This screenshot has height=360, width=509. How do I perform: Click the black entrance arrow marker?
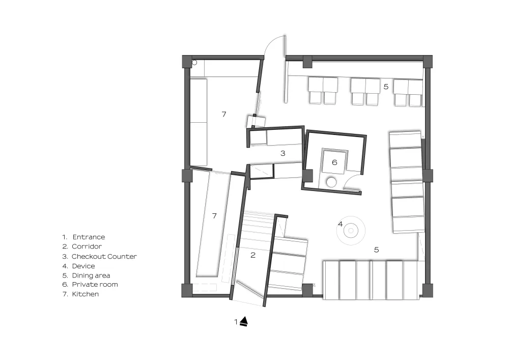click(244, 321)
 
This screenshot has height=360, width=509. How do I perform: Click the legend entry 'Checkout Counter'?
click(104, 257)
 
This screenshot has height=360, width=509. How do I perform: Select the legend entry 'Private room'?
click(95, 284)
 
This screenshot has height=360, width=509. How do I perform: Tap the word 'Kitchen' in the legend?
click(86, 294)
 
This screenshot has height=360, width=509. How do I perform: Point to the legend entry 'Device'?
click(83, 266)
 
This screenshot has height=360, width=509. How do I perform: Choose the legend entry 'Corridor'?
click(87, 246)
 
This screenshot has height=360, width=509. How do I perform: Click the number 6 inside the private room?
click(335, 162)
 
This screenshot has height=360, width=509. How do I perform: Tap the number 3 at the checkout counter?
click(282, 153)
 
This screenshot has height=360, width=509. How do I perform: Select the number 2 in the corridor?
click(253, 255)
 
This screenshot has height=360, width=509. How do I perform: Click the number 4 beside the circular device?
click(340, 224)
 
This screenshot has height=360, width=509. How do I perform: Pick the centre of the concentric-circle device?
click(351, 231)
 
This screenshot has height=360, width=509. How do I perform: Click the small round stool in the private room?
click(331, 182)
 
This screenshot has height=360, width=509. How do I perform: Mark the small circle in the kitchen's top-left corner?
click(194, 63)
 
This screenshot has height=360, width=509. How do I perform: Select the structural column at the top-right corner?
click(428, 62)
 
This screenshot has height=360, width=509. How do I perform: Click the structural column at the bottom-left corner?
click(187, 291)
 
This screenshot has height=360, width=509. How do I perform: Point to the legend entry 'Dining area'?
click(91, 275)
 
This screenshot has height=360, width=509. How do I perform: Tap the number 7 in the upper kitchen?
click(224, 114)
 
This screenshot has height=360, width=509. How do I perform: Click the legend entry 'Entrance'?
click(89, 237)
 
